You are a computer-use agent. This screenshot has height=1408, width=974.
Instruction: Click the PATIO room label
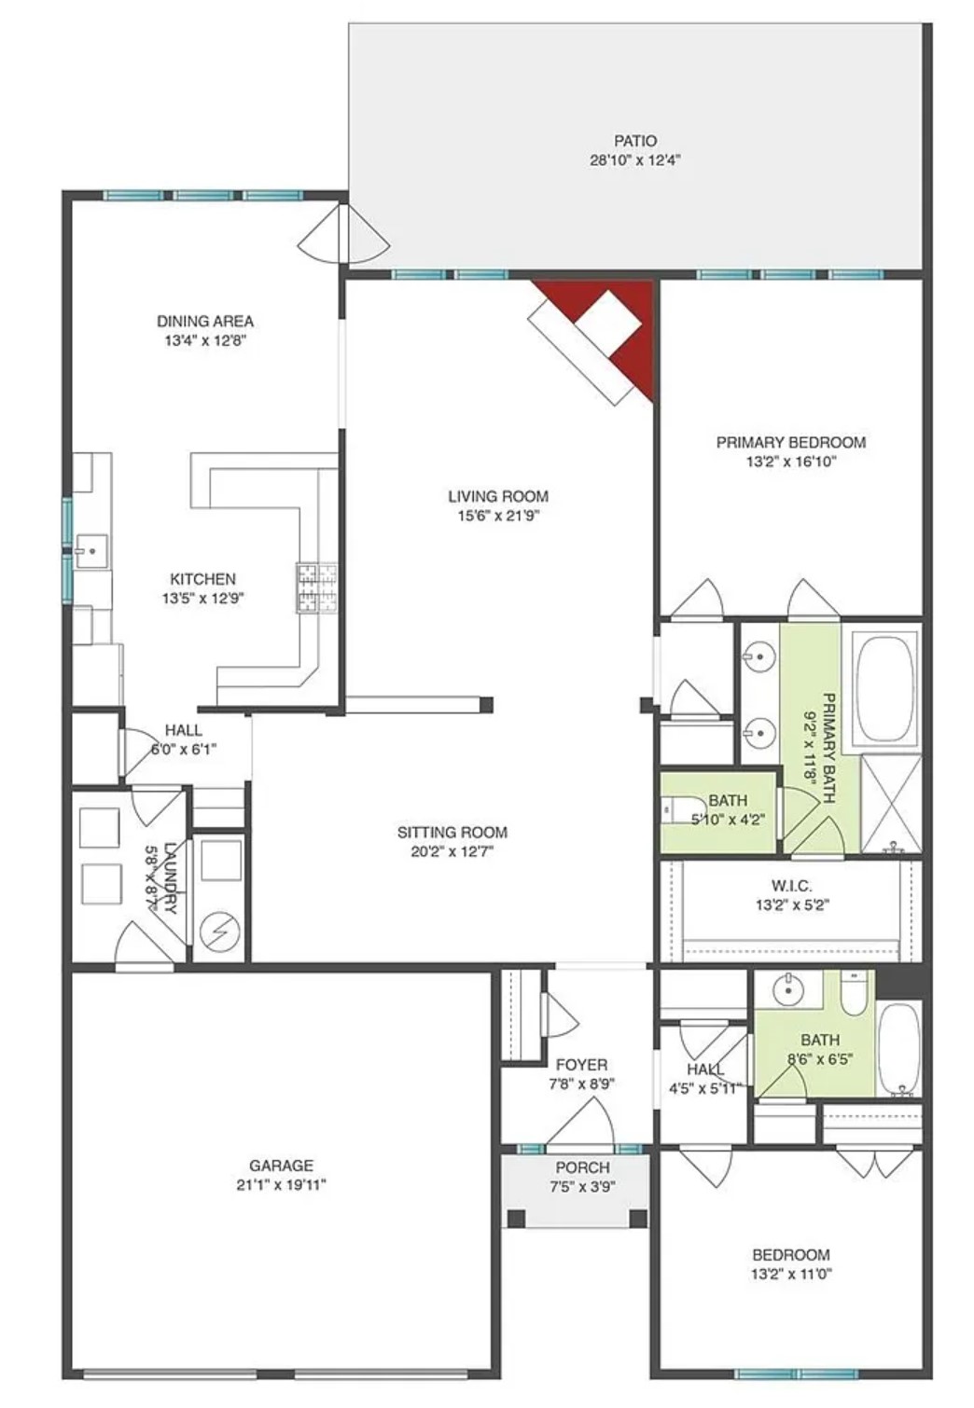[x=634, y=141]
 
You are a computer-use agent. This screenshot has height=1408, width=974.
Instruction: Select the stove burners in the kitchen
[x=317, y=588]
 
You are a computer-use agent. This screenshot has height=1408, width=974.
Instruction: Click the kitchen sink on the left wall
[x=91, y=551]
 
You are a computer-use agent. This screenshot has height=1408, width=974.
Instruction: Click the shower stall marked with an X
[x=890, y=804]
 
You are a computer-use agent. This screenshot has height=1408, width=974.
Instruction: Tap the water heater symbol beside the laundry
[x=221, y=930]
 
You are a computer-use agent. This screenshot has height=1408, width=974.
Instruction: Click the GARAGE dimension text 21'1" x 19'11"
[x=281, y=1185]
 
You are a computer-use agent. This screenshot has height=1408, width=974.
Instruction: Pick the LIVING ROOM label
[x=498, y=496]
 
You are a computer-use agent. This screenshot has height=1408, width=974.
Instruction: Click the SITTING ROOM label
[x=452, y=832]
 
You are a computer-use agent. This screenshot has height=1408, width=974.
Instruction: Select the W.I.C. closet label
[x=791, y=885]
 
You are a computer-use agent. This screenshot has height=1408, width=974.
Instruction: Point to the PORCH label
[x=582, y=1167]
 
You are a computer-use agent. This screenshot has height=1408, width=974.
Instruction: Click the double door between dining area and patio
[x=343, y=235]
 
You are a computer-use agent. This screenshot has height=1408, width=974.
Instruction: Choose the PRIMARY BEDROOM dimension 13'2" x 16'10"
[x=791, y=462]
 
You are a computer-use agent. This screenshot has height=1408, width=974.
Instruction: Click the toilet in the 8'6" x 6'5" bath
[x=854, y=995]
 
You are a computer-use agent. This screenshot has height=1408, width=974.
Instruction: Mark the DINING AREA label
[x=205, y=321]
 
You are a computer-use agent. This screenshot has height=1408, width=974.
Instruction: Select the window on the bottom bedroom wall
[x=795, y=1373]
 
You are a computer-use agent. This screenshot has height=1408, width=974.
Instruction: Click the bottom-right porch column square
[x=638, y=1218]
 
